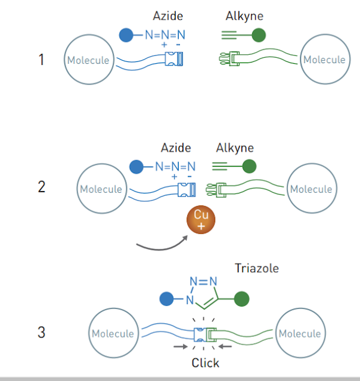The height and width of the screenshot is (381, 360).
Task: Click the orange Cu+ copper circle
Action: [x=201, y=220]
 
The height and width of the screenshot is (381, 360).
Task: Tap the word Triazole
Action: [x=256, y=268]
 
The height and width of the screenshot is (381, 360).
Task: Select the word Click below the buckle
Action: [x=205, y=363]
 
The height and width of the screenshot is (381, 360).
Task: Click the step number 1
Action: [x=41, y=60]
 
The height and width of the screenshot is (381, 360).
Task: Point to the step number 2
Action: [x=41, y=186]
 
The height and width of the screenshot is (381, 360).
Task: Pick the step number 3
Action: [x=41, y=332]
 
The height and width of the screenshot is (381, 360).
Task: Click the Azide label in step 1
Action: [x=167, y=17]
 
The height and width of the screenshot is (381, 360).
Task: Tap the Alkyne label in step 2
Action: [x=234, y=148]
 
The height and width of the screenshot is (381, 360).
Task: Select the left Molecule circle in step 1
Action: [x=88, y=60]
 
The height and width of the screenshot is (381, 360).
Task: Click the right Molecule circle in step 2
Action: [x=311, y=189]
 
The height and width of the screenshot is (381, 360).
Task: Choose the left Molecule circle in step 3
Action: [x=113, y=333]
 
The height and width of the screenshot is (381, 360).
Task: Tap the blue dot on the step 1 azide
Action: [x=126, y=35]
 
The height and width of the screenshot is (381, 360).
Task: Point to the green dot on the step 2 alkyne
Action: [x=249, y=166]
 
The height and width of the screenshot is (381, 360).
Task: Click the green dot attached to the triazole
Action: [x=241, y=298]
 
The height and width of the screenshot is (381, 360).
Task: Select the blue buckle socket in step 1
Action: [x=174, y=59]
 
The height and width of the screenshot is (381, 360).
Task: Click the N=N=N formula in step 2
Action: [x=175, y=167]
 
